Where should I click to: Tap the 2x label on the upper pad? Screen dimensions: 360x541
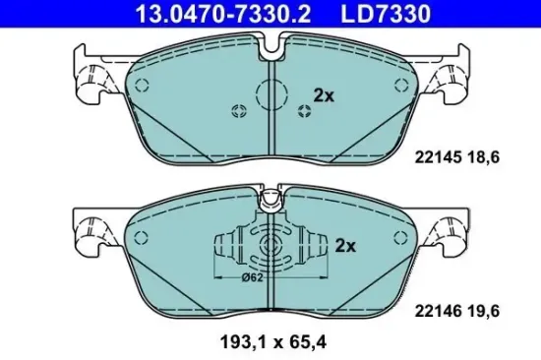pos(323,95)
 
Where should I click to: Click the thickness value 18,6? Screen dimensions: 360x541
pos(497,155)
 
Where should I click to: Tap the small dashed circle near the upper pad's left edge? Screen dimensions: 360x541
pos(144,82)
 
